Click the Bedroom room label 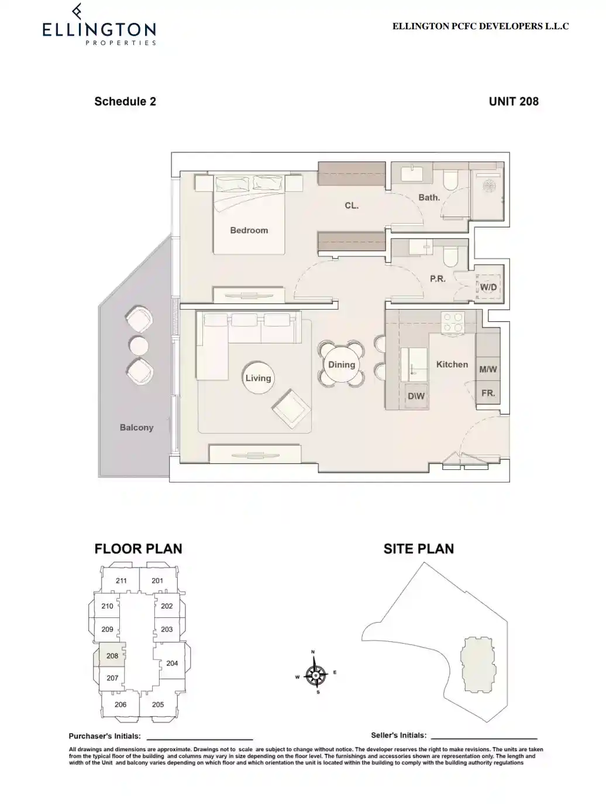249,231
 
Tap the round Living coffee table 258,378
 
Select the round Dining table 342,365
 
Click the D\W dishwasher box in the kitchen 416,396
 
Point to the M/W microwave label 488,369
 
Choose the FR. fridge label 488,393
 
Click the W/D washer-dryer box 488,287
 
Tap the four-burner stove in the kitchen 452,322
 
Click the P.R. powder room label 438,279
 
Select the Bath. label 429,198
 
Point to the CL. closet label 352,206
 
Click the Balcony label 136,428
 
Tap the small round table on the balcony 139,346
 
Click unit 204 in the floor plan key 172,663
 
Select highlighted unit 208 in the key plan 112,656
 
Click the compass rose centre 316,675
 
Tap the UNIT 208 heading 514,101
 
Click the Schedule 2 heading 125,101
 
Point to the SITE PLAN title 418,549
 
